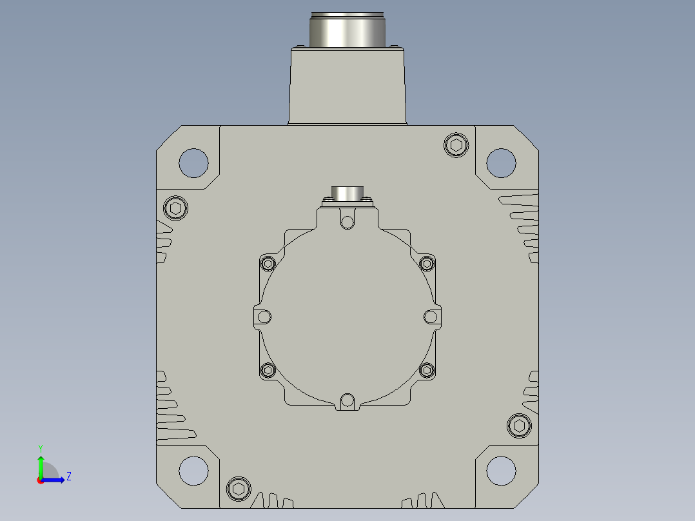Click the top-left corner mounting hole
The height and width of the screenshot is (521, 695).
point(193,162)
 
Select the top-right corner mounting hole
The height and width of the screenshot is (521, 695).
point(501,162)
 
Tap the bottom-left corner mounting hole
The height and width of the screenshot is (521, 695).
point(193,471)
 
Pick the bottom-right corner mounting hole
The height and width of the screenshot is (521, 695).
point(501,471)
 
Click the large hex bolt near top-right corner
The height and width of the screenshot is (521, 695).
point(456,145)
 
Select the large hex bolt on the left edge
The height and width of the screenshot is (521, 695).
point(175,208)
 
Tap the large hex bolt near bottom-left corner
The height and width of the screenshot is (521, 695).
point(239,489)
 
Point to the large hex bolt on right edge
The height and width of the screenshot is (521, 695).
point(519,426)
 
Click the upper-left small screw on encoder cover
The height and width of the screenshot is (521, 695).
point(268,264)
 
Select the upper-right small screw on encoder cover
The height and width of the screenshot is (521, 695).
point(427,264)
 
